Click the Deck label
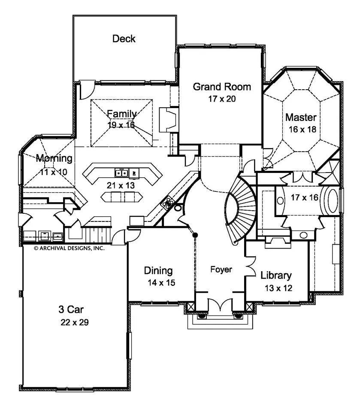[124, 39]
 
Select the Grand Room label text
[221, 87]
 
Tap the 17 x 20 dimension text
[221, 98]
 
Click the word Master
[301, 117]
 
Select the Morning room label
[54, 158]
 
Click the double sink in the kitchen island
[122, 173]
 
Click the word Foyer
[221, 270]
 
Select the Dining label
[158, 271]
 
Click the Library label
[276, 276]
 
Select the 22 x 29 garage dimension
[74, 323]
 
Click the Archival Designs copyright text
[69, 248]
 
